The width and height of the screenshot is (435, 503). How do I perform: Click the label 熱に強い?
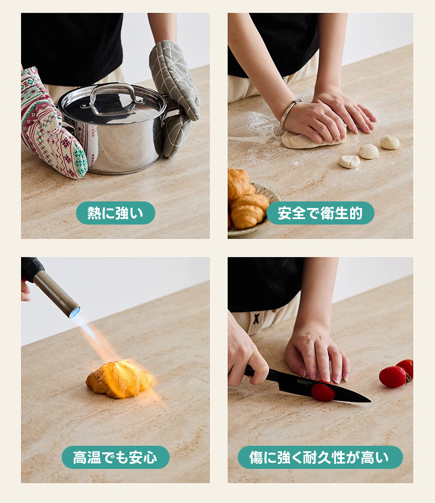(x=116, y=212)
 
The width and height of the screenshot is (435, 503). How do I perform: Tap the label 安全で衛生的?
(x=320, y=212)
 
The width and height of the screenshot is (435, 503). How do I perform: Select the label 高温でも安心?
(x=115, y=457)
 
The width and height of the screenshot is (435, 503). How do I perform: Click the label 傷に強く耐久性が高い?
(x=320, y=457)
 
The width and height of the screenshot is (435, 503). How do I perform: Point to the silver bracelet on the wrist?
(x=289, y=113)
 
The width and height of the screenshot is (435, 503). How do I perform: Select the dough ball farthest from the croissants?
(x=390, y=142)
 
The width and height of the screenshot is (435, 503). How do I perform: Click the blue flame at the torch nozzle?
(x=74, y=311)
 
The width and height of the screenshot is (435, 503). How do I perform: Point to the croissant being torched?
(x=119, y=379)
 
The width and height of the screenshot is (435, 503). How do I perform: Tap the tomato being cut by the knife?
(x=323, y=392)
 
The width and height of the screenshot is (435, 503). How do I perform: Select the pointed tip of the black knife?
(x=370, y=401)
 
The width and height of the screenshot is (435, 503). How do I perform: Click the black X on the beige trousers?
(x=256, y=319)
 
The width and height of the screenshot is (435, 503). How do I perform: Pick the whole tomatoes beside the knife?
(x=397, y=373)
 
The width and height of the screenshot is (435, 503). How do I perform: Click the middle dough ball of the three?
(x=368, y=151)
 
